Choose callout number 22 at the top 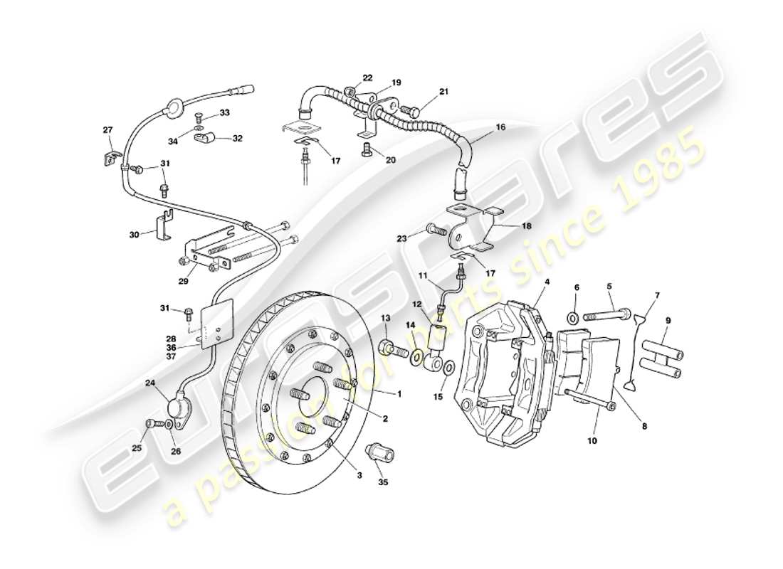pyautogui.click(x=367, y=78)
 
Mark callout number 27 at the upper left pyautogui.click(x=107, y=130)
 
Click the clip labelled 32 pyautogui.click(x=202, y=137)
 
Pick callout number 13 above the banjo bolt pyautogui.click(x=385, y=318)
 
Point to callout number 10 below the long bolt pyautogui.click(x=593, y=441)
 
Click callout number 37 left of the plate pyautogui.click(x=171, y=356)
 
